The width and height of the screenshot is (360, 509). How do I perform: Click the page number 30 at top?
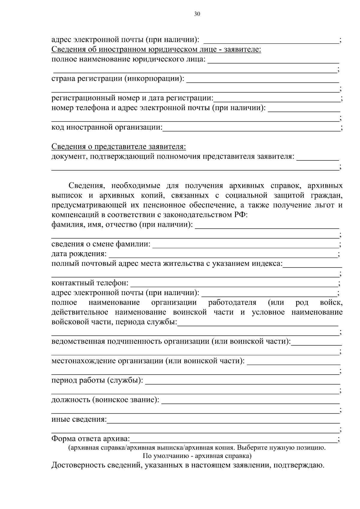(x=197, y=14)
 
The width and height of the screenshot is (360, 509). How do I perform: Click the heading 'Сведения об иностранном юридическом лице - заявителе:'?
(x=156, y=49)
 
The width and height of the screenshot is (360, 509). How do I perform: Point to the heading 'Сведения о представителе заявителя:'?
(x=119, y=147)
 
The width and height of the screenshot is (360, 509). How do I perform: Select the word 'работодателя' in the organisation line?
(x=232, y=302)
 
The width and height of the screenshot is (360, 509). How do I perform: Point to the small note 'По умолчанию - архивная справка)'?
(x=197, y=457)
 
